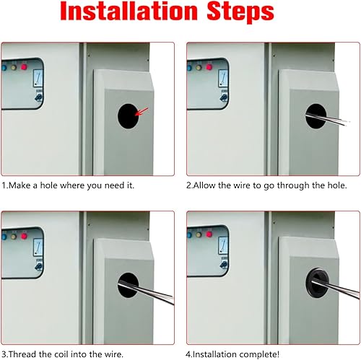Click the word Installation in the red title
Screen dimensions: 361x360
[x=129, y=11]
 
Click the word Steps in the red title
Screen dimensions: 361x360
[x=240, y=12]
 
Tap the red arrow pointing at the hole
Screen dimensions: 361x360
[x=142, y=112]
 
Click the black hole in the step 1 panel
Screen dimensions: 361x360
[x=128, y=116]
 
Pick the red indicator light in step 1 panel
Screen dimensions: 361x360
[x=24, y=66]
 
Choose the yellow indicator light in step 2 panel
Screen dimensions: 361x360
[x=199, y=67]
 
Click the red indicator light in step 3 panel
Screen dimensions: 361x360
[x=24, y=236]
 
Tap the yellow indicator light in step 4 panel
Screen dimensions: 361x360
[x=199, y=234]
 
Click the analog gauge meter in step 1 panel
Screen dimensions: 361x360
[x=38, y=78]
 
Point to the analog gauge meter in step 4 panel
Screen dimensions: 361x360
[x=223, y=245]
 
